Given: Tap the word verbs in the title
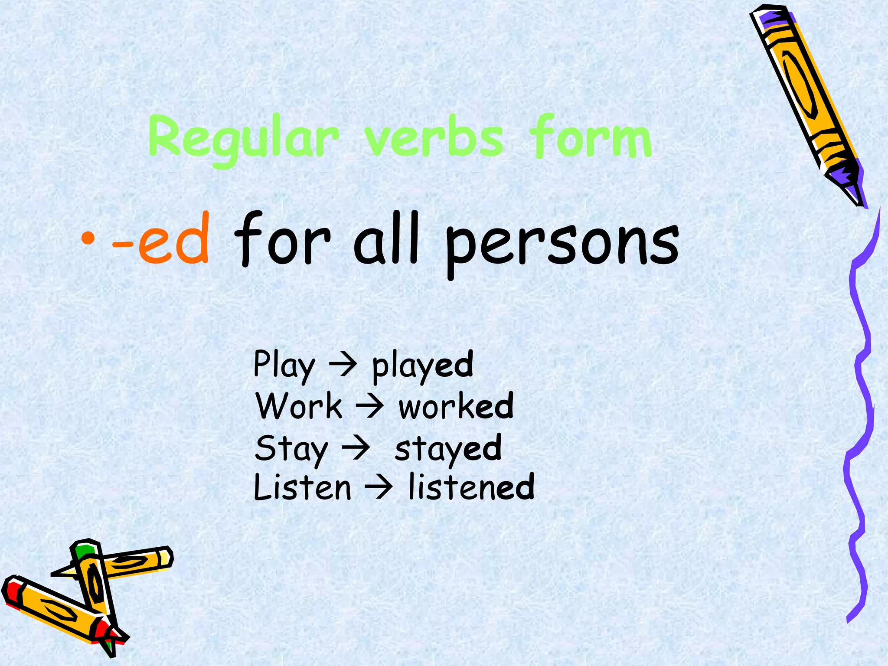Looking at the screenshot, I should tap(434, 138).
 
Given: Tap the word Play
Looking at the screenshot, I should tap(284, 366).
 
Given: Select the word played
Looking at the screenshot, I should tap(423, 366).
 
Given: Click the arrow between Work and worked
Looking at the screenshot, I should tap(369, 407).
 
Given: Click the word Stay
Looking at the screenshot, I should tap(291, 449).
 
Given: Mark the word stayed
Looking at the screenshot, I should tap(448, 449).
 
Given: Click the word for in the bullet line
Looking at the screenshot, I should tap(282, 240).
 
